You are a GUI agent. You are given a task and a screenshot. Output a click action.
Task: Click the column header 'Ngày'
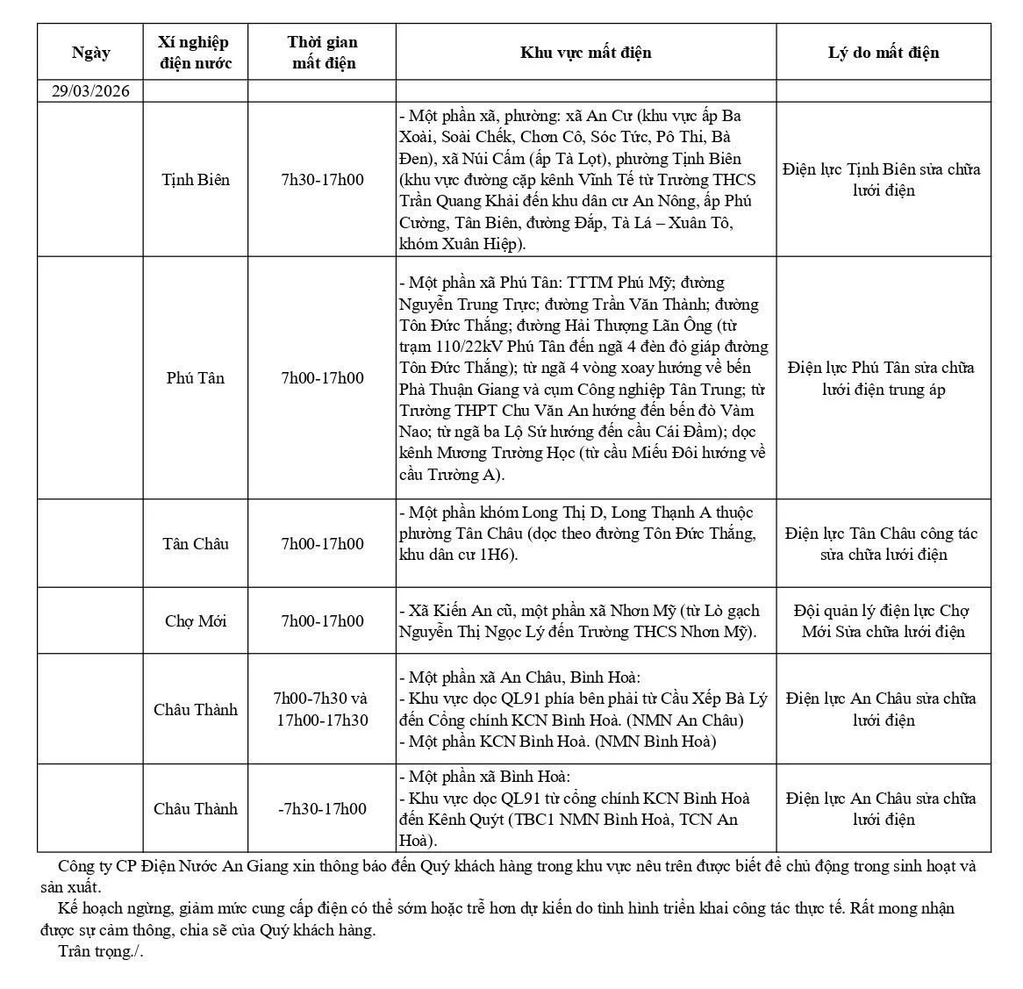tap(90, 53)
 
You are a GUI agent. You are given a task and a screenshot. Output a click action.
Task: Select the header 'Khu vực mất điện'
tap(585, 53)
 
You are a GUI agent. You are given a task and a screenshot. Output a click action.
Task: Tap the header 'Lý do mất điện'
tap(883, 53)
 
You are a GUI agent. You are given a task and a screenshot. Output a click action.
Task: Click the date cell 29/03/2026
tap(90, 91)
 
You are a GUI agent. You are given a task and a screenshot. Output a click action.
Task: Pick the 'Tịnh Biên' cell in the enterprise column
tap(196, 180)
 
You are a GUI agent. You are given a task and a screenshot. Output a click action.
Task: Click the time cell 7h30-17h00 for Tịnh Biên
tap(322, 180)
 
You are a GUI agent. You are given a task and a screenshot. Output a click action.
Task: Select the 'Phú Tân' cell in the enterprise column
tap(196, 378)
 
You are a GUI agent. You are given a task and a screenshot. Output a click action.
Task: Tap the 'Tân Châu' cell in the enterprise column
tap(196, 544)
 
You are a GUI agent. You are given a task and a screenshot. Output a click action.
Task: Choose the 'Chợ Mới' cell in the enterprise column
tap(196, 621)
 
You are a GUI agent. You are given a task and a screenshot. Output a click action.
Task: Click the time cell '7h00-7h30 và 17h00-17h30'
tap(322, 709)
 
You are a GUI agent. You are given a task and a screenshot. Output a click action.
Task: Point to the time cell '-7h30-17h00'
tap(322, 809)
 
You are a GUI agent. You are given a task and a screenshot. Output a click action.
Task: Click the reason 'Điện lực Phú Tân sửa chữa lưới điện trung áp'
tap(883, 378)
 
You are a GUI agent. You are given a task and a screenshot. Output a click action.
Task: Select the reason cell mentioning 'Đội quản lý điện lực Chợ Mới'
tap(883, 621)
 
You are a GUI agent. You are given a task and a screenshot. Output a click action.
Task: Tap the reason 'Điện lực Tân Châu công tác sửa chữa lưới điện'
tap(883, 544)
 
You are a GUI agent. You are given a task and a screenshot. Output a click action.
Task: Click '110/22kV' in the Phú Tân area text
tap(460, 347)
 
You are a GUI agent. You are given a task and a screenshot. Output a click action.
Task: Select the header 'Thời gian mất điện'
tap(322, 53)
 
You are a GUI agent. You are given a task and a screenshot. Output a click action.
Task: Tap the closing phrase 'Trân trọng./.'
tap(101, 951)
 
